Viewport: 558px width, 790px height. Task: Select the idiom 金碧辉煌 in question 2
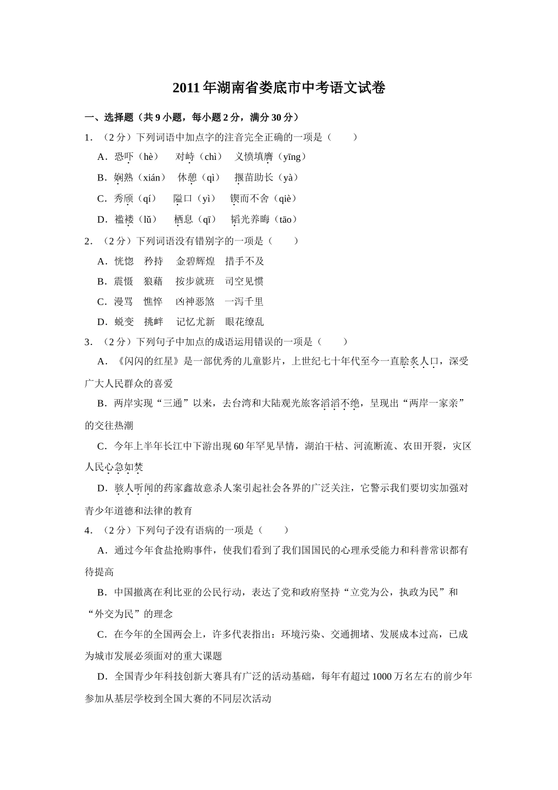point(196,262)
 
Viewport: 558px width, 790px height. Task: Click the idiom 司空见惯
point(244,282)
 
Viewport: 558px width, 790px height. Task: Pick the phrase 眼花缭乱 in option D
point(244,322)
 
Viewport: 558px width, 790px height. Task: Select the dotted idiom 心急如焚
point(124,467)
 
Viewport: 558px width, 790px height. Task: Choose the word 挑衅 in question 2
point(154,322)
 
